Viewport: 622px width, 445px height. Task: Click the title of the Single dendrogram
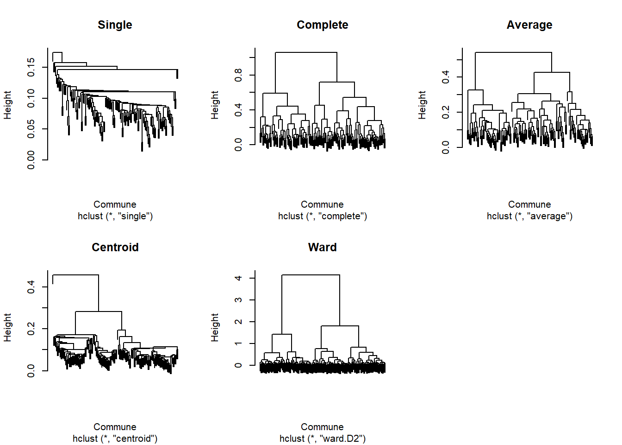coord(115,25)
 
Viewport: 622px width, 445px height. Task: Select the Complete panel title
coord(322,25)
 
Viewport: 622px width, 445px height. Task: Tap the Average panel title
coord(529,25)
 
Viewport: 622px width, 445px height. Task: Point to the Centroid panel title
coord(115,248)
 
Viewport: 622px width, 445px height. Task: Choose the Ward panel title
coord(322,248)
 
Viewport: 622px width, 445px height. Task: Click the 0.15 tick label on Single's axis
coord(31,67)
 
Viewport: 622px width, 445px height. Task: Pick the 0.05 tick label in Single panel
coord(31,129)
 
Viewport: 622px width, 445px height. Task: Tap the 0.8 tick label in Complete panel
coord(238,75)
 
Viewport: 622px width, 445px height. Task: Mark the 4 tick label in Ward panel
coord(238,278)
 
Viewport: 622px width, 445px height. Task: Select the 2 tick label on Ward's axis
coord(238,322)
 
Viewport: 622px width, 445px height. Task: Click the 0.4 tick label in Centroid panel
coord(31,287)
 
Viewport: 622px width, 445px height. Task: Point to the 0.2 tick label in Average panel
coord(446,112)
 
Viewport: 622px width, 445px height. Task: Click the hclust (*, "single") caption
coord(115,216)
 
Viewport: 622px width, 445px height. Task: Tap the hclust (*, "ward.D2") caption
coord(323,439)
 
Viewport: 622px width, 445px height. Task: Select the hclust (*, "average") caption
coord(529,216)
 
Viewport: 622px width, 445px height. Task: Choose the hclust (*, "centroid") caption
coord(115,439)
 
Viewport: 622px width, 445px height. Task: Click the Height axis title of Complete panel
coord(215,105)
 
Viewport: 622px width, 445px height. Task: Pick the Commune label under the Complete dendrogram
coord(322,204)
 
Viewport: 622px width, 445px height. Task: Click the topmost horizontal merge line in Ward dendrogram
coord(311,275)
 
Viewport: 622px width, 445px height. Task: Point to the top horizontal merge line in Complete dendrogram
coord(306,52)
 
